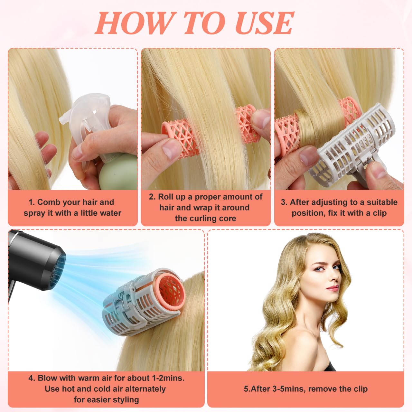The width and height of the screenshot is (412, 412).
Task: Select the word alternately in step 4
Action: [x=145, y=389]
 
